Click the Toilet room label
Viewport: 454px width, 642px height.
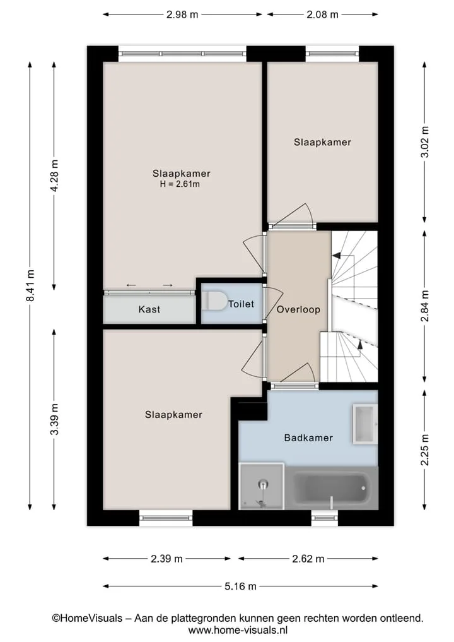point(241,304)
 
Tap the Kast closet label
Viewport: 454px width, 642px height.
point(149,309)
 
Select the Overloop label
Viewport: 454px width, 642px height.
point(298,309)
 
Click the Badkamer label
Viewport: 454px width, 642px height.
point(308,437)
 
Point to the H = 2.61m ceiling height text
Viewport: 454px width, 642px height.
point(180,184)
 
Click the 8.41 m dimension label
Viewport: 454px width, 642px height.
point(30,285)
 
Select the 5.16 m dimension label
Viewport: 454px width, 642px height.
point(240,586)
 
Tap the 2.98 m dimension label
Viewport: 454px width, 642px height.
point(182,15)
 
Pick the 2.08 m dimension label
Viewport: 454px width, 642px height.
point(323,15)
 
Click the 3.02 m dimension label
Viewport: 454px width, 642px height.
point(425,141)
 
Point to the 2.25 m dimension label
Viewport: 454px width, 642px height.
point(425,449)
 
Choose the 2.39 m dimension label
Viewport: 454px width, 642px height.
point(166,559)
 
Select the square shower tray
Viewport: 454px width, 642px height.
point(261,487)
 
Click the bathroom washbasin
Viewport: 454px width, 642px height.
point(365,424)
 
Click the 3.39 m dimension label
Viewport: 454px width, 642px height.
point(55,419)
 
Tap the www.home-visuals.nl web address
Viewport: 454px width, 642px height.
point(238,630)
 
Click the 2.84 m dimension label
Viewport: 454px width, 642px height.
point(425,306)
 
